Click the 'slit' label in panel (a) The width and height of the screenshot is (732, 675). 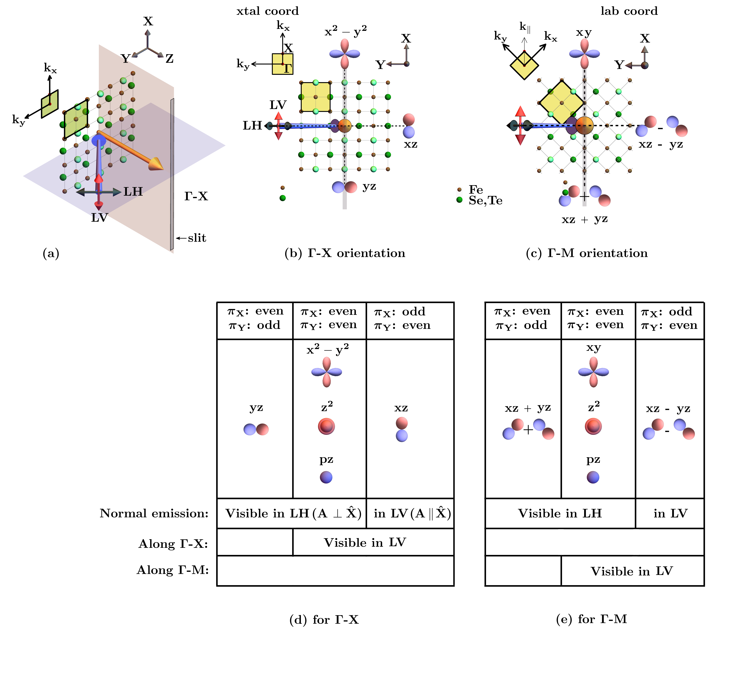pyautogui.click(x=197, y=238)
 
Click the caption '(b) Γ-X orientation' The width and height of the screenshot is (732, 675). pyautogui.click(x=345, y=253)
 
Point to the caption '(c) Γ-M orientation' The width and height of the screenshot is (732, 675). pyautogui.click(x=587, y=253)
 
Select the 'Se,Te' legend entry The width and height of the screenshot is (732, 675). pyautogui.click(x=485, y=201)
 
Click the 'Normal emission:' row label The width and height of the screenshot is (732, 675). pyautogui.click(x=154, y=514)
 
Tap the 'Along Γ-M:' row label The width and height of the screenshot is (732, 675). pyautogui.click(x=173, y=570)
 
